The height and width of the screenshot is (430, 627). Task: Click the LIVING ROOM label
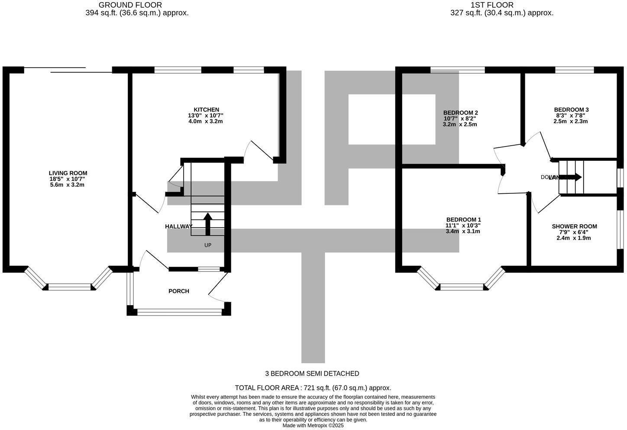68,173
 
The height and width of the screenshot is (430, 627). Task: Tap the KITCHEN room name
206,110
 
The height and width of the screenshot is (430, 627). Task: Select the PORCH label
179,291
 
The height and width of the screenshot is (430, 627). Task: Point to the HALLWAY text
178,226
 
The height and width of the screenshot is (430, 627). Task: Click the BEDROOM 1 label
463,220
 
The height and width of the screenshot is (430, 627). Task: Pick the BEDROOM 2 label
460,113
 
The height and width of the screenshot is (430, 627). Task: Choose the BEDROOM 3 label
571,110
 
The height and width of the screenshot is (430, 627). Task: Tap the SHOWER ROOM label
574,226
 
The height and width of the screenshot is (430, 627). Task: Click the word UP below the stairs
208,245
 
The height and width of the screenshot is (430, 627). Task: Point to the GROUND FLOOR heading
130,5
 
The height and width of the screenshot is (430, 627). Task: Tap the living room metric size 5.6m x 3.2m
68,185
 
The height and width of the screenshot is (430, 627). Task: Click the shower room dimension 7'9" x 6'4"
574,232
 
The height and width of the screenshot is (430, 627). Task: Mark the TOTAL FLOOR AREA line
313,388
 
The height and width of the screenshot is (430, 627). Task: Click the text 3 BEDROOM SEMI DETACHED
312,374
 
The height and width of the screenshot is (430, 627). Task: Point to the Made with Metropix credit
313,426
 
